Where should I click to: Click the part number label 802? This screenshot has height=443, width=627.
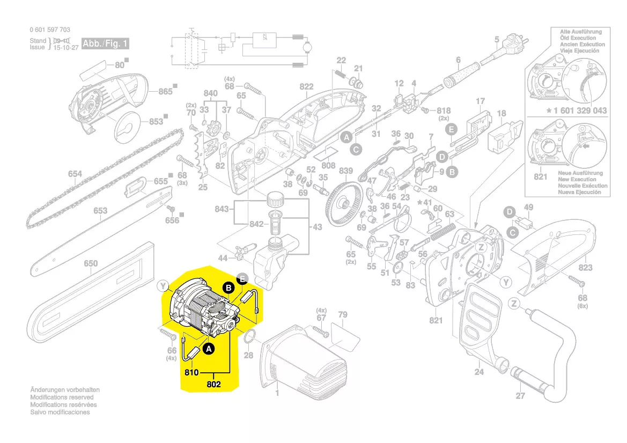point(213,384)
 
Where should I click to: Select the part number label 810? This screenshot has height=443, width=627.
point(192,372)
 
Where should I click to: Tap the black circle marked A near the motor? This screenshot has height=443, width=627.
point(209,349)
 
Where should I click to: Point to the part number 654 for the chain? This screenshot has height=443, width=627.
point(75,174)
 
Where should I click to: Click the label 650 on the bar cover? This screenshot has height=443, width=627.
point(91,263)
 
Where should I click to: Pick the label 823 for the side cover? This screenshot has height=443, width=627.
point(585,268)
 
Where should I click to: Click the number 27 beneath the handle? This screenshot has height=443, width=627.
point(520,396)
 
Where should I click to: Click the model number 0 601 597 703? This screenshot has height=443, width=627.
point(50,30)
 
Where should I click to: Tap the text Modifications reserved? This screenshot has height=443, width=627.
point(62,397)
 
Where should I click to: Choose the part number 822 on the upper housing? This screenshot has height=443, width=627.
point(306,87)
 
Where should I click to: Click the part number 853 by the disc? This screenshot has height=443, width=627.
point(156,122)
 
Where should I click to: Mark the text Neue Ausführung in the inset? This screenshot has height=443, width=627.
point(580,173)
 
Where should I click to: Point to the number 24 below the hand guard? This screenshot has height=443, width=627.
point(479,370)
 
